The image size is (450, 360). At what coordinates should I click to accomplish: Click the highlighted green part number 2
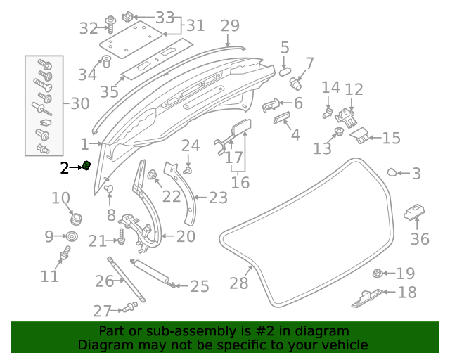point(86,166)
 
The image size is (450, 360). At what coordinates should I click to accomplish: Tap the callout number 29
point(230,26)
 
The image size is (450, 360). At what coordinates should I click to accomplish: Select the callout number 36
point(419,239)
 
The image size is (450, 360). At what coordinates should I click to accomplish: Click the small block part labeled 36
point(414,210)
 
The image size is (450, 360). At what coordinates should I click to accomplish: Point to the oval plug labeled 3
point(393,172)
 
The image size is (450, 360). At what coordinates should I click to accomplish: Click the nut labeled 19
point(378,274)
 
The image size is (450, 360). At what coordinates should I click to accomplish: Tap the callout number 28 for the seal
point(239,283)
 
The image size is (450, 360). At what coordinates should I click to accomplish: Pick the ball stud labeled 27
point(129,306)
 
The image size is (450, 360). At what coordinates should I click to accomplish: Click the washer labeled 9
point(73,236)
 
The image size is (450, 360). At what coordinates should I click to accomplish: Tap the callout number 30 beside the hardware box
point(80,104)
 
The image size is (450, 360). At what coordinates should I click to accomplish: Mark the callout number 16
point(240,183)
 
